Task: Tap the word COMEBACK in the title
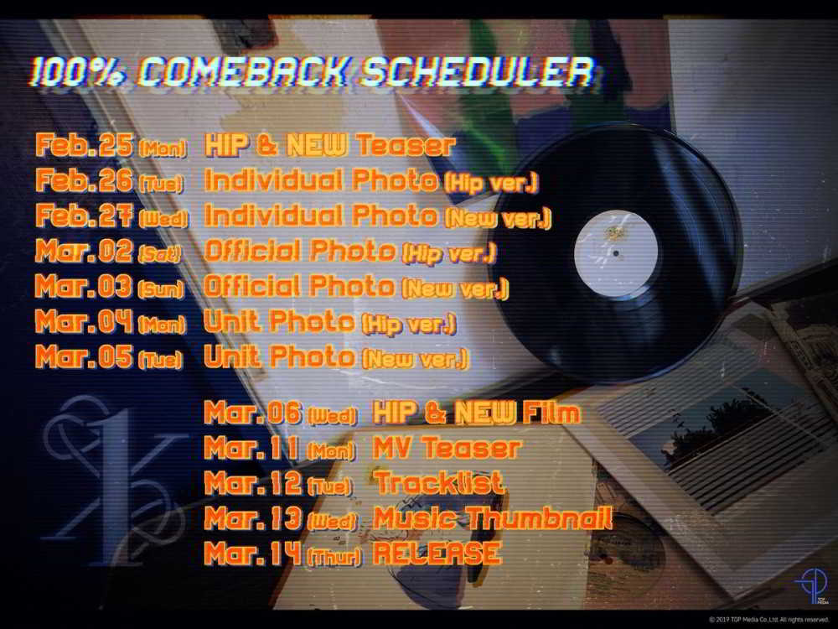pyautogui.click(x=244, y=71)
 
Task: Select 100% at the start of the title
pyautogui.click(x=79, y=71)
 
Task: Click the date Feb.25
pyautogui.click(x=85, y=144)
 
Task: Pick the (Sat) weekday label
pyautogui.click(x=159, y=254)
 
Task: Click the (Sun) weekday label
pyautogui.click(x=161, y=289)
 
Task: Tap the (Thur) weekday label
pyautogui.click(x=334, y=557)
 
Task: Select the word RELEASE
pyautogui.click(x=437, y=553)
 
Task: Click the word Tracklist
pyautogui.click(x=439, y=482)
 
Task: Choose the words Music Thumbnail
pyautogui.click(x=492, y=517)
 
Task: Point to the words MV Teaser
pyautogui.click(x=446, y=447)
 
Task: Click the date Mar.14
pyautogui.click(x=253, y=553)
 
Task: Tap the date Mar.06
pyautogui.click(x=253, y=413)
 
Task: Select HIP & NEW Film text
pyautogui.click(x=476, y=413)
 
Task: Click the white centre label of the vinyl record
pyautogui.click(x=616, y=253)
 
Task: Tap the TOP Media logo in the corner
pyautogui.click(x=812, y=585)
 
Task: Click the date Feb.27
pyautogui.click(x=85, y=215)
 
